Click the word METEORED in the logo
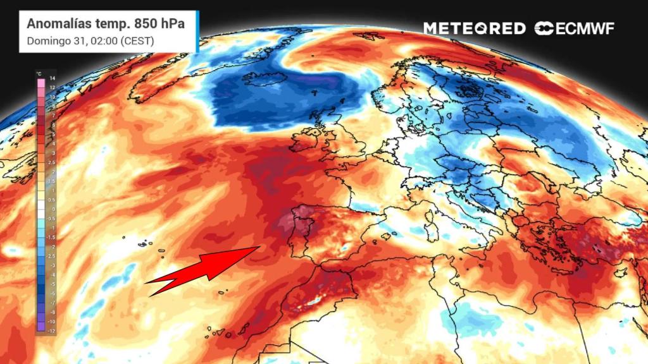(474, 28)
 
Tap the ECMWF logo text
(575, 28)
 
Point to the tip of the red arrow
(260, 246)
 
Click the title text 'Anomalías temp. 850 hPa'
(105, 25)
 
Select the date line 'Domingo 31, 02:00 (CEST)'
(90, 41)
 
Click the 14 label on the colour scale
(53, 76)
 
